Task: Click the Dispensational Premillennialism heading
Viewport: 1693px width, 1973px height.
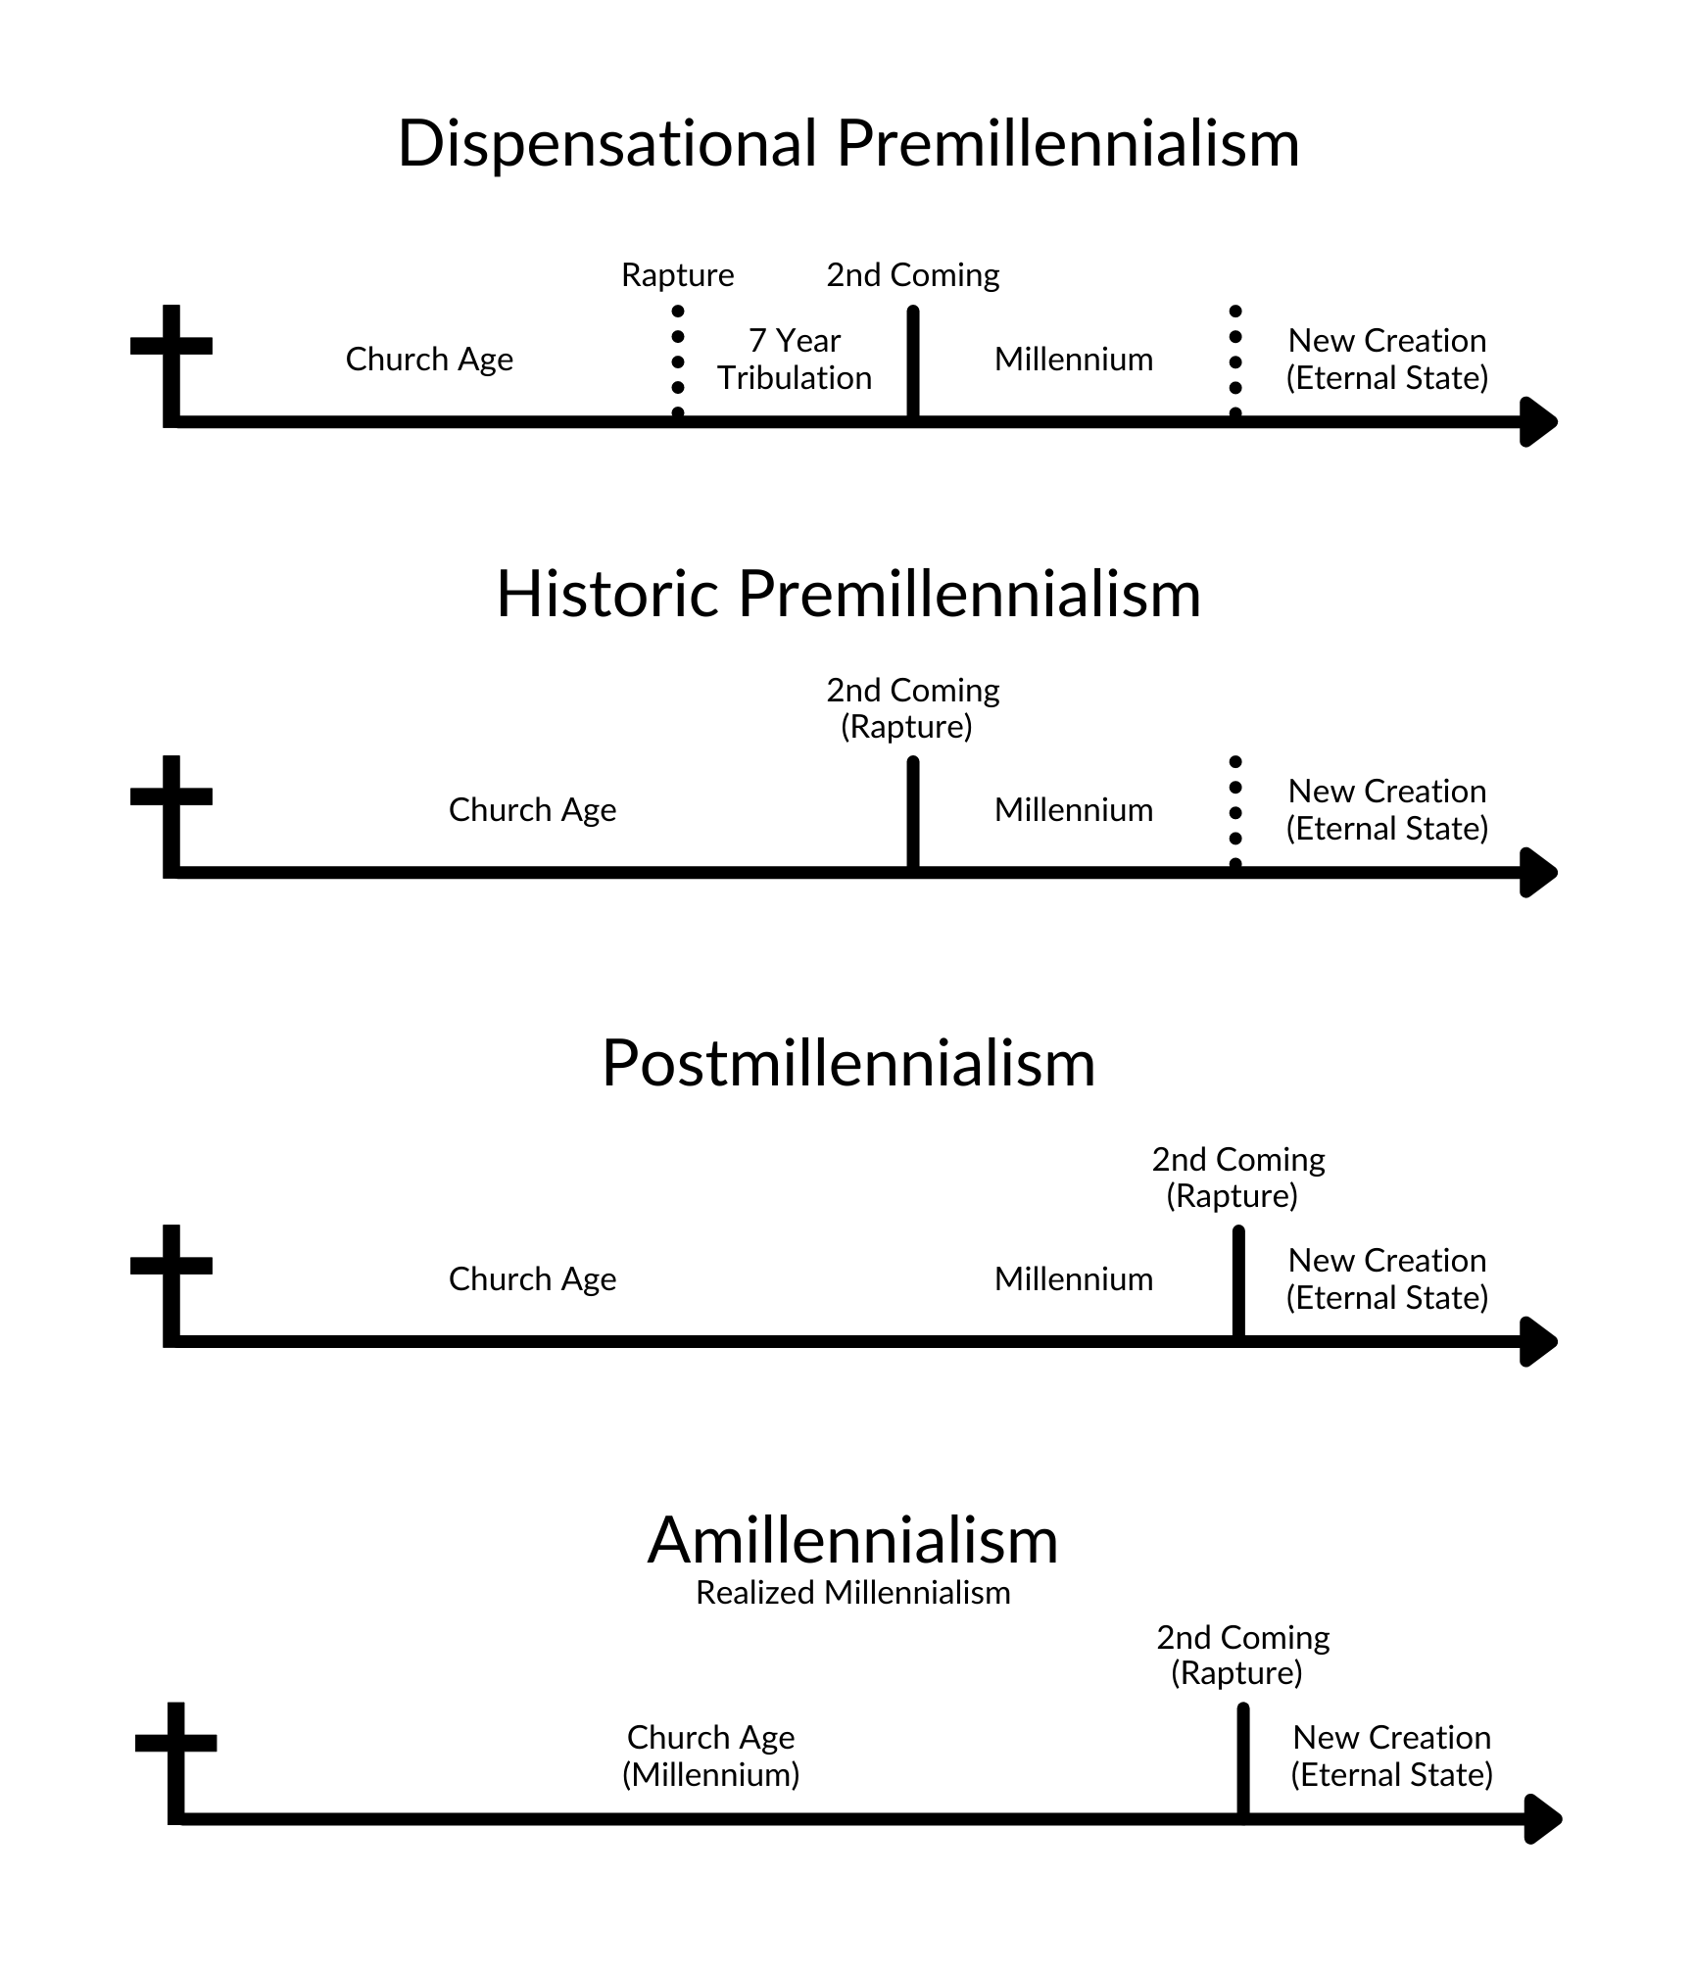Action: (x=848, y=144)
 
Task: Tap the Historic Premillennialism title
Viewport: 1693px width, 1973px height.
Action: (x=848, y=594)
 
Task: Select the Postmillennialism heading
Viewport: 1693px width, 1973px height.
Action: (x=848, y=1063)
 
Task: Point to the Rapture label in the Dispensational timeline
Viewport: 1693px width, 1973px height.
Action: (x=677, y=275)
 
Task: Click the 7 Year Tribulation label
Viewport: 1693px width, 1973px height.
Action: (x=795, y=359)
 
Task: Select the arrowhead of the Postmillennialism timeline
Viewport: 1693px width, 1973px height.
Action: (x=1538, y=1341)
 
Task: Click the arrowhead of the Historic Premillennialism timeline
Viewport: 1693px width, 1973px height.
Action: (x=1538, y=872)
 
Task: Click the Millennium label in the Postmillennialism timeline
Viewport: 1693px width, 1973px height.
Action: (x=1073, y=1279)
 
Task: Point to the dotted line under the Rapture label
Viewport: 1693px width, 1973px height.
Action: (x=678, y=362)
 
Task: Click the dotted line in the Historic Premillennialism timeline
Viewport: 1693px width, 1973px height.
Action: (x=1235, y=813)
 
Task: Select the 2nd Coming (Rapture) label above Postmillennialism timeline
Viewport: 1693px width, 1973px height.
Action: (x=1237, y=1178)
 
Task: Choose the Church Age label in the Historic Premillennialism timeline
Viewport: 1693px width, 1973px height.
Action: (x=532, y=810)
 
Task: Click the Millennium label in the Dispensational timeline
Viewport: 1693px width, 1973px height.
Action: (x=1073, y=360)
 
